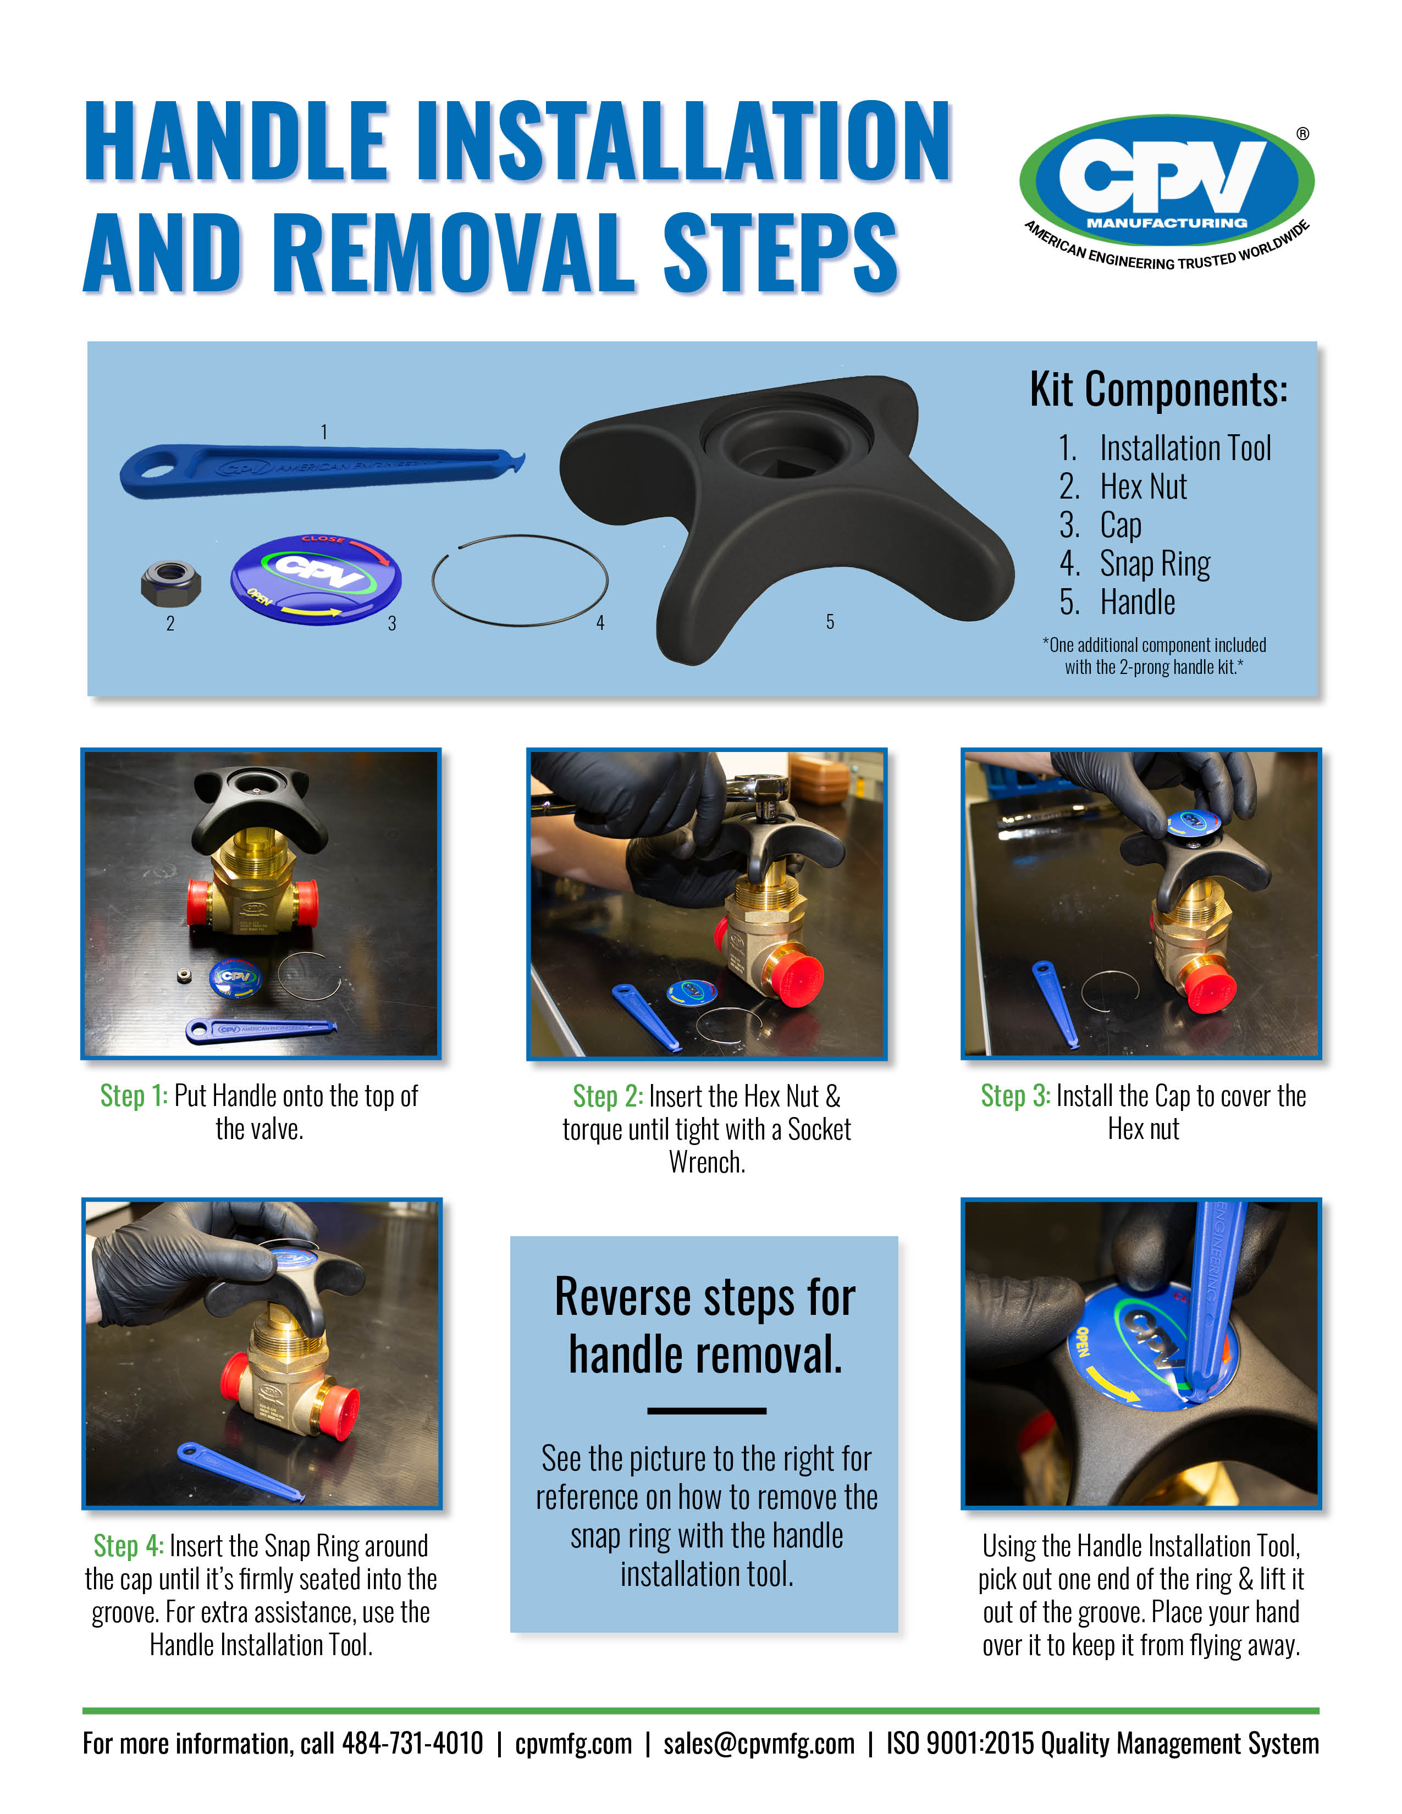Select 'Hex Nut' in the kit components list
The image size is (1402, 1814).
pos(1143,486)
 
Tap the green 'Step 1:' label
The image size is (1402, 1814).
pos(134,1096)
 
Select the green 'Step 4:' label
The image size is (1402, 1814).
pos(128,1546)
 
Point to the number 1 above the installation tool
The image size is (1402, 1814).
pos(324,432)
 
